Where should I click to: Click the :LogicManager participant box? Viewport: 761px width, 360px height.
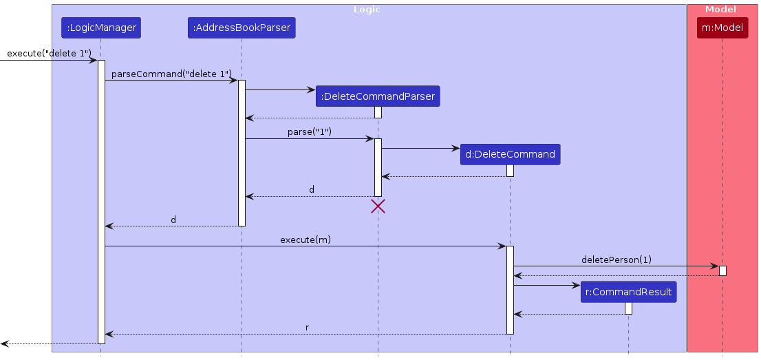tap(100, 28)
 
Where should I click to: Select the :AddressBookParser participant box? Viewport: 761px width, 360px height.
tap(242, 28)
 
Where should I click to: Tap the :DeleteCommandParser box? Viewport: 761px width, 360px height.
tap(378, 96)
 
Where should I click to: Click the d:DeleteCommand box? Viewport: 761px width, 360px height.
tap(510, 154)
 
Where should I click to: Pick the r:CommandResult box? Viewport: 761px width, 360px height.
tap(628, 292)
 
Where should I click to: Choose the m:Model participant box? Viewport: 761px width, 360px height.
tap(722, 28)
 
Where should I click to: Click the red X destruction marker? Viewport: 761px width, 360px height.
tap(378, 206)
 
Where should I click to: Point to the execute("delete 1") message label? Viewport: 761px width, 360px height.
tap(49, 53)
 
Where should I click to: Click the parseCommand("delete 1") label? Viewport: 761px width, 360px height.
tap(171, 73)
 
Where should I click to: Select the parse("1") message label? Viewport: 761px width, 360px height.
tap(310, 131)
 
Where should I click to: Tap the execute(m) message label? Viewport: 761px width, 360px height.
tap(306, 240)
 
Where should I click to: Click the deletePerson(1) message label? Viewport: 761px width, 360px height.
tap(616, 260)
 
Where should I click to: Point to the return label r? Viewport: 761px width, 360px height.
tap(307, 328)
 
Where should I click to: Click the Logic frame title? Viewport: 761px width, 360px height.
tap(367, 10)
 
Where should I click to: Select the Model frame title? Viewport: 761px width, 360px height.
tap(722, 10)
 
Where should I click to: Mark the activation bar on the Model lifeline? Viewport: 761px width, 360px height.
tap(722, 271)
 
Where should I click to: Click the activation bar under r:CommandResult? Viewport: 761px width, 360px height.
tap(628, 308)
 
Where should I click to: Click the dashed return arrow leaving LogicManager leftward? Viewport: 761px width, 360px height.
tap(48, 343)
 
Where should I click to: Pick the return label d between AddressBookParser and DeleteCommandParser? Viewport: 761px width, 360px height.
tap(312, 189)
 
